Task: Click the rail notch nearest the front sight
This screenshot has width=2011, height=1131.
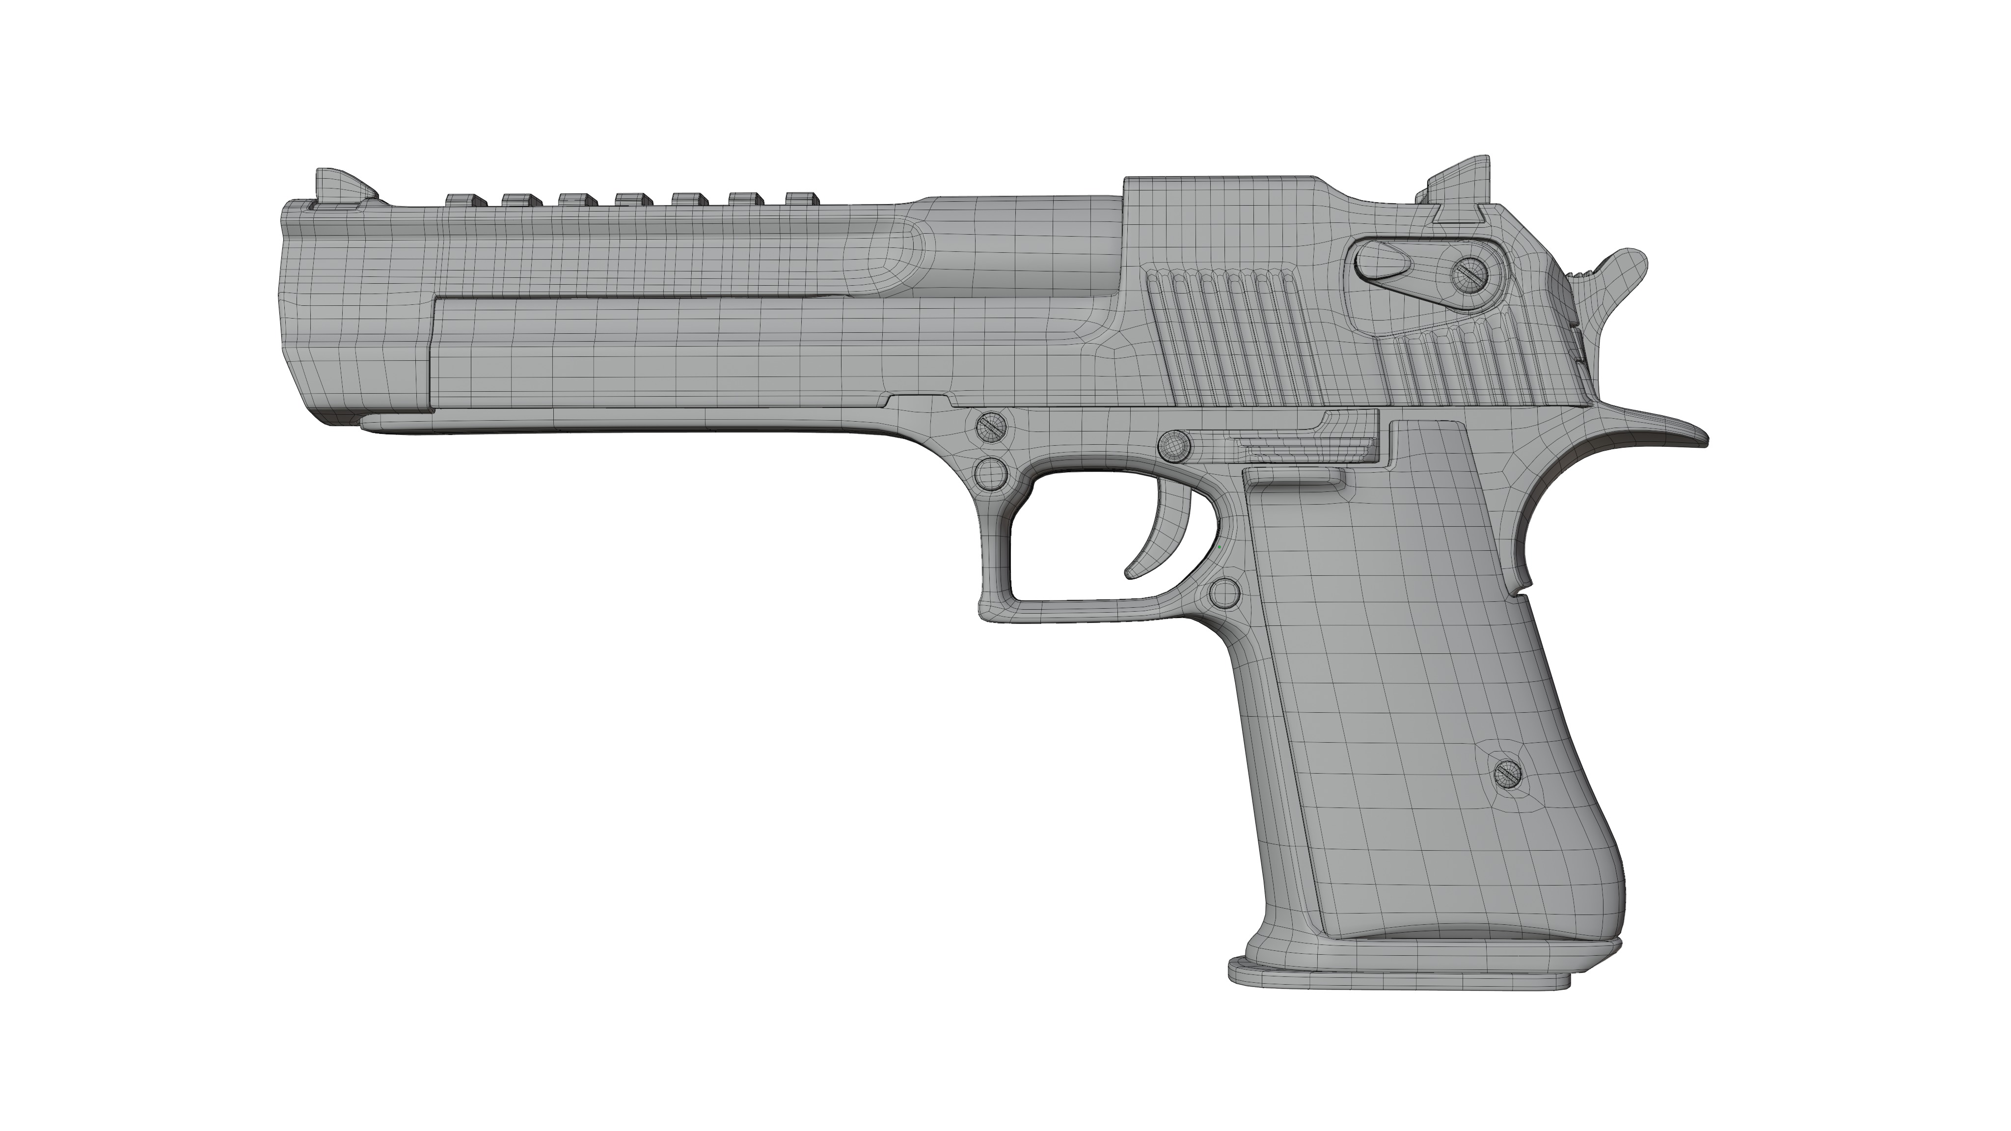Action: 465,201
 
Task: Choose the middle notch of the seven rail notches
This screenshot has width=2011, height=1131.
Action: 634,201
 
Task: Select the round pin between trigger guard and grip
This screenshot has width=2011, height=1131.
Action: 1224,594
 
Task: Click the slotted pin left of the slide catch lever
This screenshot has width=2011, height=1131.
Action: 1173,446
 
